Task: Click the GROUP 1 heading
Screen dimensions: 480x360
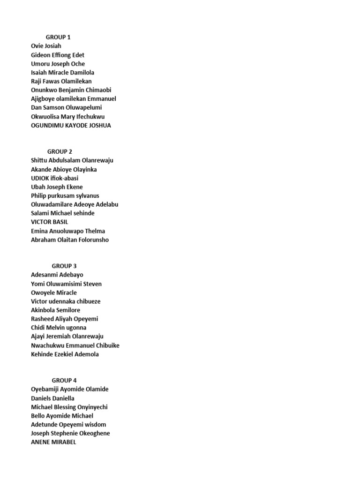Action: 58,37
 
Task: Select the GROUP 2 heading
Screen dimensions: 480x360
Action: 60,151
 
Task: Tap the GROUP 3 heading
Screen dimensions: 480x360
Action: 64,266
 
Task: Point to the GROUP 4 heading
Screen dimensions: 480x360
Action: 64,380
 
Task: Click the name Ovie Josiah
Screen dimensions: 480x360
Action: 46,46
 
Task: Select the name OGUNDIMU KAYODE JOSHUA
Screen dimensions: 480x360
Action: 71,125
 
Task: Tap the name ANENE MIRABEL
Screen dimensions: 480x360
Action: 53,442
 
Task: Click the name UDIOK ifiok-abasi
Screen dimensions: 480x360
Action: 54,178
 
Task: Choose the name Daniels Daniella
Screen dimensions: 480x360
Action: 52,398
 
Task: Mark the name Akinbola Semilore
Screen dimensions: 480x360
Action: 55,310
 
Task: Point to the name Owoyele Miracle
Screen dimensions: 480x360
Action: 53,292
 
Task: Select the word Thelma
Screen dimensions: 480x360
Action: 95,231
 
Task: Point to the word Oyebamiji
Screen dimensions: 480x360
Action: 46,389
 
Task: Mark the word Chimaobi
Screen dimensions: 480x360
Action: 98,90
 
